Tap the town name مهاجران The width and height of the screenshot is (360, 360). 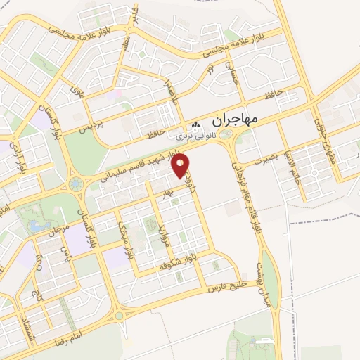click(x=233, y=120)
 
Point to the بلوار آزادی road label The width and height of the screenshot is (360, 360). click(x=20, y=161)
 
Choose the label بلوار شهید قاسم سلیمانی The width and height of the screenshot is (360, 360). click(x=141, y=169)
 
